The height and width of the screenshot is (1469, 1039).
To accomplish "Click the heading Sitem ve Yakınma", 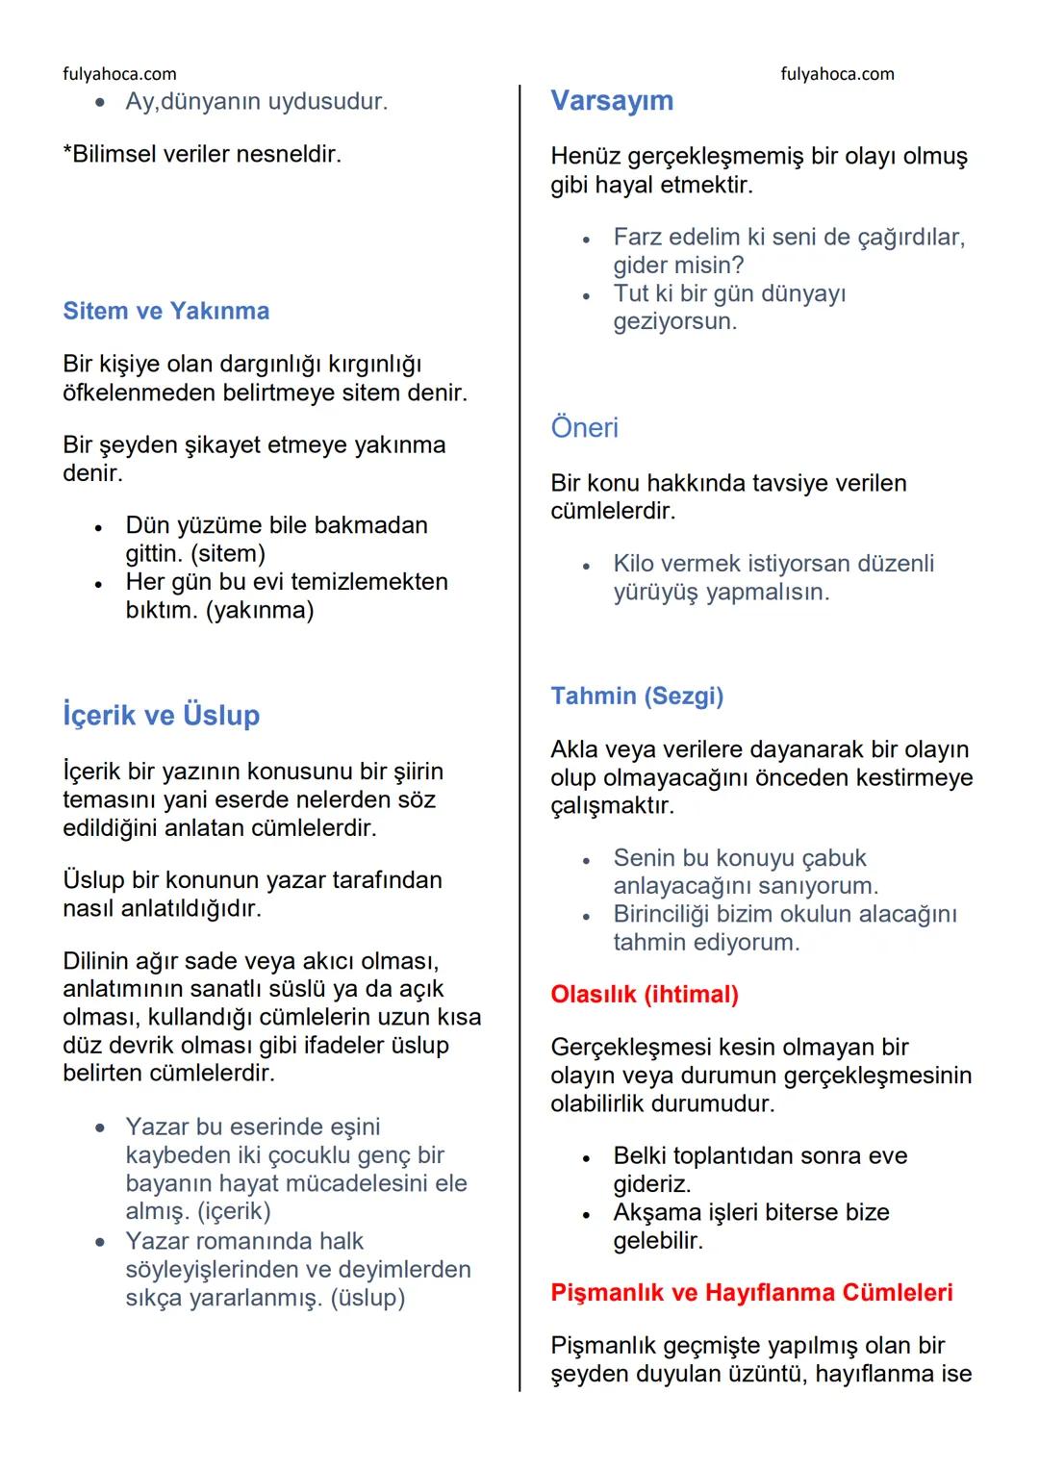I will (x=165, y=311).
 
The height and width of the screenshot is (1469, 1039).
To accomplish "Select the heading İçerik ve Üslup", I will (x=161, y=715).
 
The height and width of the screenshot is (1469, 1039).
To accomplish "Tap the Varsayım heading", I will (x=611, y=100).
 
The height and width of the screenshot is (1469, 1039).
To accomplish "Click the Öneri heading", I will (x=584, y=427).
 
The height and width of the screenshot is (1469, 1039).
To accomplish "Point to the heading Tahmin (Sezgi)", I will (x=636, y=696).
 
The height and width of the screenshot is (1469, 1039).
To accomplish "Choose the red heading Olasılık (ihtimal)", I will (x=644, y=994).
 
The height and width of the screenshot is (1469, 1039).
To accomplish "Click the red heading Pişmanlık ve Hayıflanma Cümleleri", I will (x=750, y=1292).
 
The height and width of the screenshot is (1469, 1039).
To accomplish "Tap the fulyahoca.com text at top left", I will (x=119, y=74).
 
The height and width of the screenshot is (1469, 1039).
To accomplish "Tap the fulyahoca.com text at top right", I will (x=837, y=74).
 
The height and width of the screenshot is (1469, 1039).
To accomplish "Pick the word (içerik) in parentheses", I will (x=234, y=1210).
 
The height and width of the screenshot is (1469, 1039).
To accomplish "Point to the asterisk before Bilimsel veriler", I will (x=67, y=152).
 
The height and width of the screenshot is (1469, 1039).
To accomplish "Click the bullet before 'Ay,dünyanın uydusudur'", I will (x=99, y=102).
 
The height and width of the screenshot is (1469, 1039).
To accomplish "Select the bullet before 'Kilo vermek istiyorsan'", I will (x=586, y=566).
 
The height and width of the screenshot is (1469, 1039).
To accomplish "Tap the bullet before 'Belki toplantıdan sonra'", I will (x=586, y=1158).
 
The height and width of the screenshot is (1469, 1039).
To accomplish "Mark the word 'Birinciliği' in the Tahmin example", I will (x=673, y=914).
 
